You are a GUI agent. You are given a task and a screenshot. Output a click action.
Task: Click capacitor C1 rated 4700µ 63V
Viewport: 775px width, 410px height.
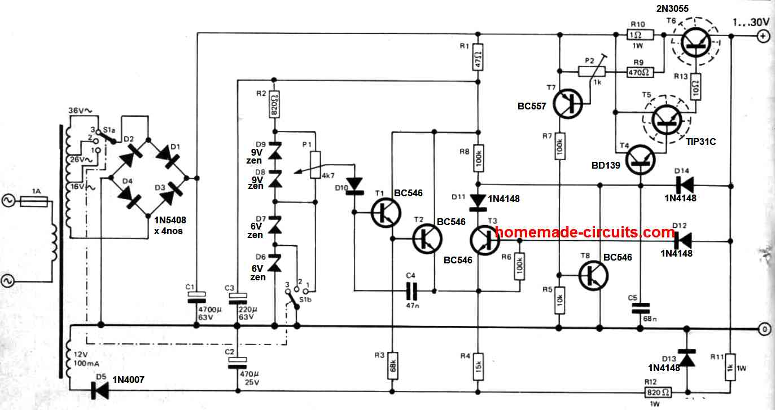(197, 297)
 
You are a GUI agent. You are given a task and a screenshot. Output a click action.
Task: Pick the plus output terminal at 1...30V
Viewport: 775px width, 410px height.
(762, 37)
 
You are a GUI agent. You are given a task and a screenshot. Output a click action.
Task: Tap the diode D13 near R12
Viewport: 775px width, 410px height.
(687, 359)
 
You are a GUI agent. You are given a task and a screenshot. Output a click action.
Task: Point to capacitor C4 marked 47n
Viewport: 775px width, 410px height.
(415, 291)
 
